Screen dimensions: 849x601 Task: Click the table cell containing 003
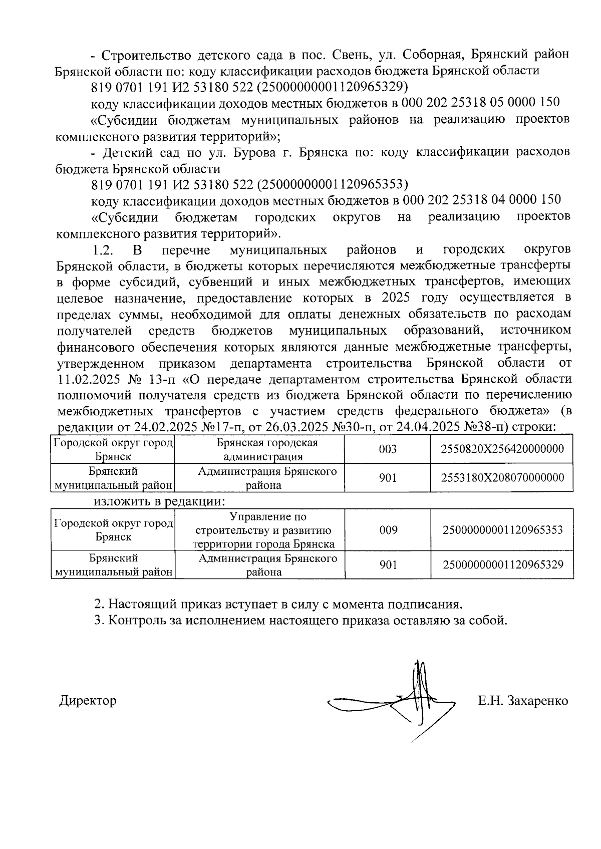[388, 449]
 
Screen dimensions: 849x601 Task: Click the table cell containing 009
[388, 530]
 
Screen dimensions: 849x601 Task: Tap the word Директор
[88, 700]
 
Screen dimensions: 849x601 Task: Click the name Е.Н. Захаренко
[522, 700]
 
